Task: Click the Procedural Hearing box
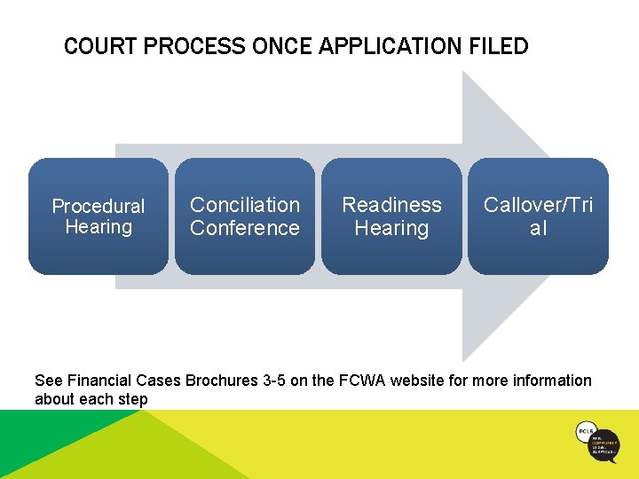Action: click(x=99, y=216)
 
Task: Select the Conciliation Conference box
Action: click(x=245, y=216)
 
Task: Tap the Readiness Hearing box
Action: click(x=391, y=216)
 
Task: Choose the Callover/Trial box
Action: click(x=538, y=216)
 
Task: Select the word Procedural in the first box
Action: click(x=99, y=207)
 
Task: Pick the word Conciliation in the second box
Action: click(x=245, y=205)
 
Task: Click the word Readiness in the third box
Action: click(x=391, y=205)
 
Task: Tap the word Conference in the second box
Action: click(x=245, y=228)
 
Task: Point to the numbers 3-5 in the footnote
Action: click(x=273, y=381)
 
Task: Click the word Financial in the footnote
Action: click(x=98, y=381)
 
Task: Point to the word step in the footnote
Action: click(x=133, y=399)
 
